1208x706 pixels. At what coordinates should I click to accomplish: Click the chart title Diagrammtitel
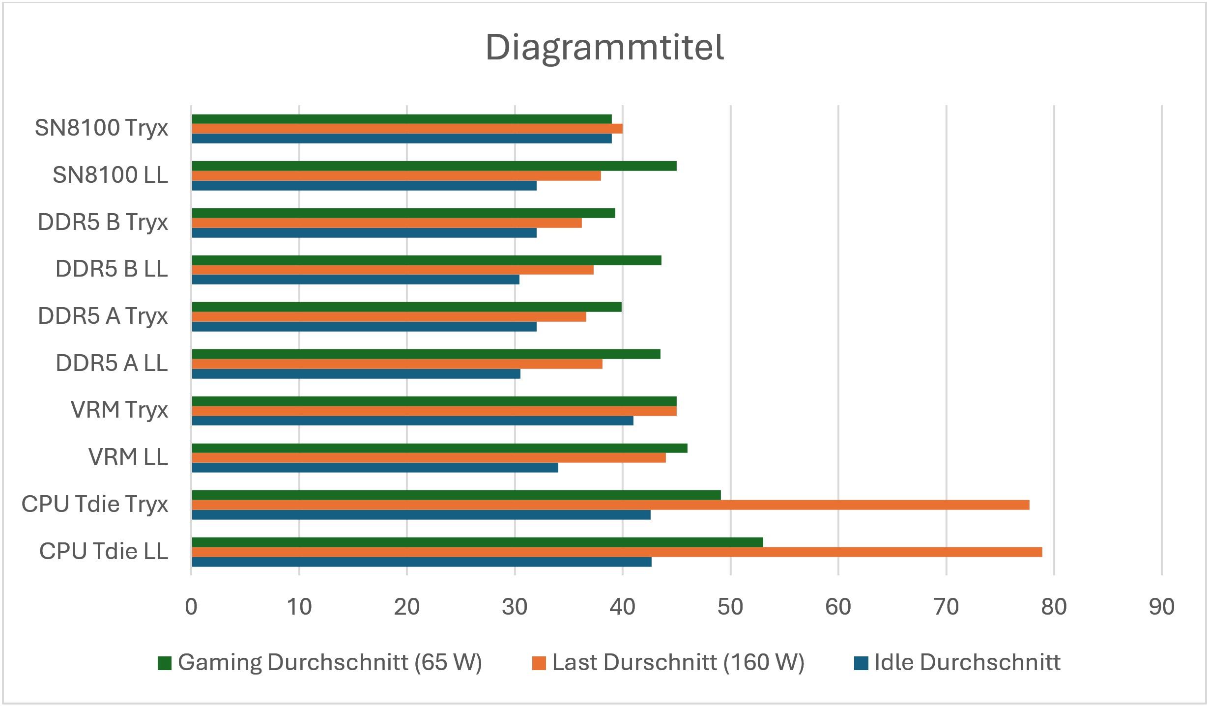604,48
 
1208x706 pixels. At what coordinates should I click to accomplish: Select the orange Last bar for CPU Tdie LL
617,552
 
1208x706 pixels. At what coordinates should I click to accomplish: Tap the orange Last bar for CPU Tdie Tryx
610,505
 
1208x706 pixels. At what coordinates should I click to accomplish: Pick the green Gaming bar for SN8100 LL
434,166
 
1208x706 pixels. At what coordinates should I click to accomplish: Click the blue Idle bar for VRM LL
375,468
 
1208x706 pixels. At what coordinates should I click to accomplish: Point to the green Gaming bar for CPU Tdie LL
477,542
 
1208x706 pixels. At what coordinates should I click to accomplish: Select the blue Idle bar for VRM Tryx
412,421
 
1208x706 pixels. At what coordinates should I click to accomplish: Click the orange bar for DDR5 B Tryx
387,223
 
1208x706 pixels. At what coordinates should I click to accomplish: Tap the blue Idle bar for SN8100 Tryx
402,139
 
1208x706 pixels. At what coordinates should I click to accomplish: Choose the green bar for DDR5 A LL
426,354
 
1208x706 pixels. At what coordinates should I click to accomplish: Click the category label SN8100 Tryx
101,128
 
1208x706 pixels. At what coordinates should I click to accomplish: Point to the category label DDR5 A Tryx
103,316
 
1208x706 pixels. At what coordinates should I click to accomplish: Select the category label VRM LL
128,457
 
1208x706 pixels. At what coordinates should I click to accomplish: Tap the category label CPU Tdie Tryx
95,504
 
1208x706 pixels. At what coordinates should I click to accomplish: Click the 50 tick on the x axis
730,607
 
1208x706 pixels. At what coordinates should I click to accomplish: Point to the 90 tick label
1161,607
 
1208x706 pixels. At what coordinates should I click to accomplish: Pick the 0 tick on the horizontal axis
191,607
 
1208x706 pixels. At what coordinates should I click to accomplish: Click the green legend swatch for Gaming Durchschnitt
165,663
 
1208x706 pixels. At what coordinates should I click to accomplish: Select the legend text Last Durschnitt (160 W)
678,662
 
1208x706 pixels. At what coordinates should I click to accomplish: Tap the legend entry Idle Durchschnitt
967,662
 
